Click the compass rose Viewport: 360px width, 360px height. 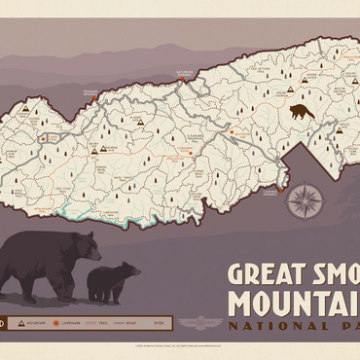pyautogui.click(x=306, y=200)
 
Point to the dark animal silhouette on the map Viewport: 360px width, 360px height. pyautogui.click(x=302, y=111)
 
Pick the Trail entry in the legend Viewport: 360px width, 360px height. pyautogui.click(x=98, y=321)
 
